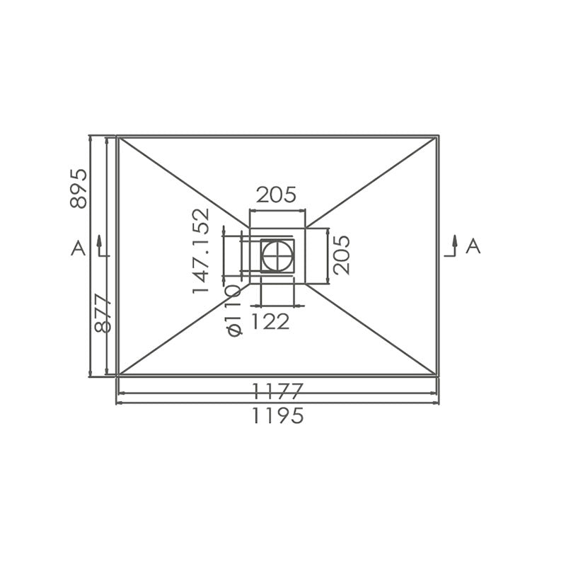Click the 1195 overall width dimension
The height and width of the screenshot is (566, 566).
(x=277, y=416)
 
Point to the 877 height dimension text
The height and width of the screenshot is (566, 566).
(x=104, y=313)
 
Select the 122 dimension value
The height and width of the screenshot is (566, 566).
(x=270, y=322)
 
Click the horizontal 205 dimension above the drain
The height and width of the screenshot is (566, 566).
(x=276, y=194)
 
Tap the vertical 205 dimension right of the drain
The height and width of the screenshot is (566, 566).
(x=341, y=255)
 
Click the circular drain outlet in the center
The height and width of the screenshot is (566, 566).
(x=277, y=255)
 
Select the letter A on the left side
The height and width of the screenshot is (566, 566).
(x=79, y=248)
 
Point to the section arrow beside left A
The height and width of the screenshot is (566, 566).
(x=100, y=246)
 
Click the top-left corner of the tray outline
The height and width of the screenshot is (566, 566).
(x=117, y=136)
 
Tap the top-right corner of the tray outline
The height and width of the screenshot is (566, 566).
(x=438, y=136)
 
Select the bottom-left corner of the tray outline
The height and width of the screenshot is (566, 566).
(x=117, y=375)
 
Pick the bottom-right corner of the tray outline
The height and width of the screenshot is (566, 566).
(x=438, y=375)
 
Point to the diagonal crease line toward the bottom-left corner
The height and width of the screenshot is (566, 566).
(x=184, y=329)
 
